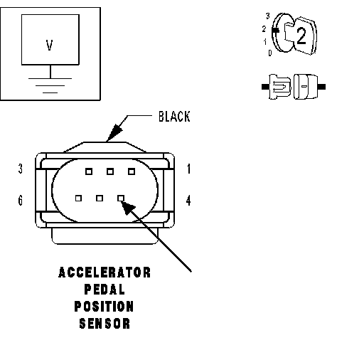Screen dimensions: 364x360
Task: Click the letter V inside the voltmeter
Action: [x=49, y=45]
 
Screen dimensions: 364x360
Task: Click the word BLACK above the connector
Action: [x=174, y=117]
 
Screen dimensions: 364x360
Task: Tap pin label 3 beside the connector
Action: [x=21, y=169]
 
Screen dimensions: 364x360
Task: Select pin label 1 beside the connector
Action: [x=188, y=169]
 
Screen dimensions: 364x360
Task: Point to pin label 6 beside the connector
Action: [x=21, y=201]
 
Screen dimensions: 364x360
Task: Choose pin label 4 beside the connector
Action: [x=188, y=201]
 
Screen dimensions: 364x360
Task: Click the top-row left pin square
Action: [x=89, y=171]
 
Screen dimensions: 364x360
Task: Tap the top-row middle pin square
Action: [x=110, y=171]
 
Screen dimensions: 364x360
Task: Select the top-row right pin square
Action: [x=132, y=171]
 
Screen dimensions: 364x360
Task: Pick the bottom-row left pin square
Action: [x=78, y=198]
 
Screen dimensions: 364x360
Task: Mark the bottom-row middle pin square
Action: [x=100, y=198]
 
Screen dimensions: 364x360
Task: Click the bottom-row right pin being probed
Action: [x=121, y=198]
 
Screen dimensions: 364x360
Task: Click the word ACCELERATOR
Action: [x=105, y=272]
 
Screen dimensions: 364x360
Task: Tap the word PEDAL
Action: [x=105, y=290]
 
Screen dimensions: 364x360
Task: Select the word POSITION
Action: [x=104, y=307]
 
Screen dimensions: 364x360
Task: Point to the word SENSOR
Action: [x=105, y=324]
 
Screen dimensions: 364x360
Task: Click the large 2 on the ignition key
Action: [x=301, y=36]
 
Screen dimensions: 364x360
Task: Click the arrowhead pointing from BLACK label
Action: [x=114, y=132]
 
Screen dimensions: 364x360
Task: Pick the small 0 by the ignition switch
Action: [x=270, y=53]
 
